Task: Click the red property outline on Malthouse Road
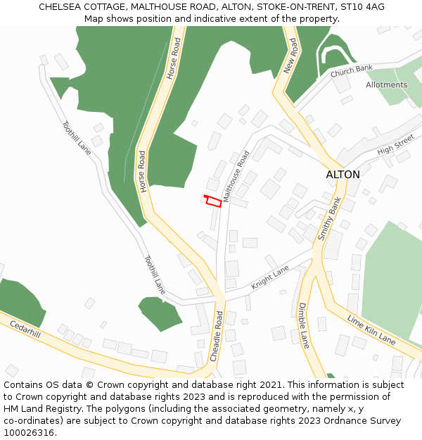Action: pyautogui.click(x=213, y=201)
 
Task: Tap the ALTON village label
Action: pyautogui.click(x=343, y=175)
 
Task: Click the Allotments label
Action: pyautogui.click(x=386, y=85)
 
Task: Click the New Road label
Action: pyautogui.click(x=292, y=56)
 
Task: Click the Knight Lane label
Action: pyautogui.click(x=270, y=278)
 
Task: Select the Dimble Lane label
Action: pyautogui.click(x=304, y=325)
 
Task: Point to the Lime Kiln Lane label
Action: pyautogui.click(x=371, y=329)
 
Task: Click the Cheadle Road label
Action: pyautogui.click(x=218, y=337)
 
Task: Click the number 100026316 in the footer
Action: pyautogui.click(x=27, y=432)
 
